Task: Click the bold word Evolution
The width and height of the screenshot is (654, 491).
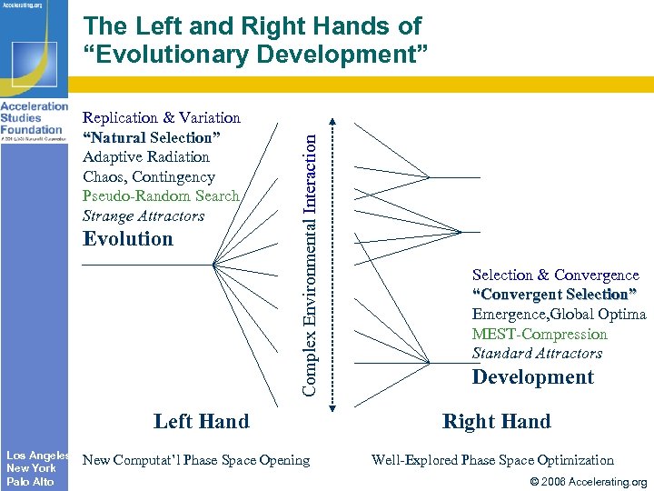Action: pos(127,239)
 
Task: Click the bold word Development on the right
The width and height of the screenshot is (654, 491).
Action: pos(532,377)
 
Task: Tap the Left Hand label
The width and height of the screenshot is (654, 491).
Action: pos(201,421)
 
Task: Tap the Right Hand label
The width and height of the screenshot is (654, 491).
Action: pos(496,421)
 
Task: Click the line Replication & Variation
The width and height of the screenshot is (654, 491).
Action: pos(162,117)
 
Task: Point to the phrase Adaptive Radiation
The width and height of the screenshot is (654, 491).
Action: pos(146,156)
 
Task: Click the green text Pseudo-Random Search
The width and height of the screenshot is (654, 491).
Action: pos(161,196)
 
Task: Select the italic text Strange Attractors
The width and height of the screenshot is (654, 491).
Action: pos(144,216)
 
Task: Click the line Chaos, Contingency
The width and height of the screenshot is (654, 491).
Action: pos(149,176)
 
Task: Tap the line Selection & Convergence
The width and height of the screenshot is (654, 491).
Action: pos(555,275)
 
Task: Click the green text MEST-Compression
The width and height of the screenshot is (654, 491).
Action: pos(540,334)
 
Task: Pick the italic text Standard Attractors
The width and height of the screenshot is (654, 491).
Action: pos(537,353)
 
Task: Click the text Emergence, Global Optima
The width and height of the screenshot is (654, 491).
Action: pos(559,314)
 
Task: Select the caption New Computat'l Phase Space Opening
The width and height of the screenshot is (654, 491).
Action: pos(196,460)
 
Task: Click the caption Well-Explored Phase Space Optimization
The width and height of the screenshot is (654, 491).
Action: pos(492,460)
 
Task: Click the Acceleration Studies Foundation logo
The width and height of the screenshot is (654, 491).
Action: pos(34,124)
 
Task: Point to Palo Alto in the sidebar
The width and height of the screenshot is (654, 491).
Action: pos(30,482)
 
